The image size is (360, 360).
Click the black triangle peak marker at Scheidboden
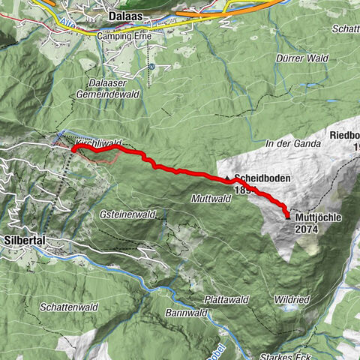point(227,178)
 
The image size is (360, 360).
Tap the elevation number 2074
point(312,229)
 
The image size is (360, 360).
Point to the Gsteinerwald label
point(127,214)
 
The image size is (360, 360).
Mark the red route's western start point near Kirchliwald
point(73,149)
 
